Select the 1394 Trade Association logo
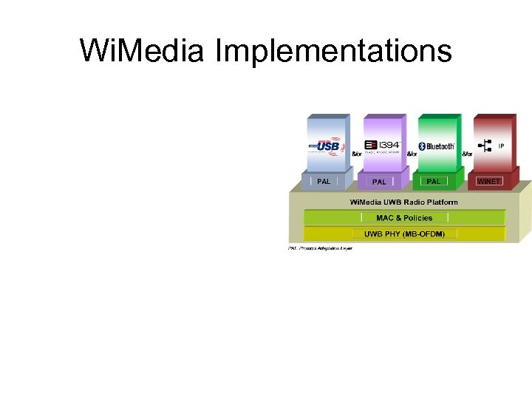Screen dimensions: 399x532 coord(382,146)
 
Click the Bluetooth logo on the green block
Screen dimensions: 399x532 coord(436,146)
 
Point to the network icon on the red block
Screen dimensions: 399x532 coord(486,146)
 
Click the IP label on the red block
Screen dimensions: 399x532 coord(501,146)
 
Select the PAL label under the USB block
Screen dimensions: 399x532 coord(324,181)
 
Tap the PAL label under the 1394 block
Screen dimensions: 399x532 coord(379,182)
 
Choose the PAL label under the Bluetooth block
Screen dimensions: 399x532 coord(434,181)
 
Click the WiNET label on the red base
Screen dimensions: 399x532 coord(488,181)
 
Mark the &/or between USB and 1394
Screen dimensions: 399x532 coord(356,154)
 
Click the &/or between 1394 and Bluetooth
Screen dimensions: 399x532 coord(412,154)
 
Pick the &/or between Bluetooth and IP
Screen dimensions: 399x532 coord(467,154)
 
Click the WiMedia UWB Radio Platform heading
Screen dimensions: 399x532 coord(403,202)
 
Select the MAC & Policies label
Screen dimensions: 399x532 coord(404,218)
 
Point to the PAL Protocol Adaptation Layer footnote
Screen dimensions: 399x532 coord(320,248)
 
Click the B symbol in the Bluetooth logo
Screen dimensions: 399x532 coord(422,146)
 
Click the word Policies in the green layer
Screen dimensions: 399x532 coord(417,218)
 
